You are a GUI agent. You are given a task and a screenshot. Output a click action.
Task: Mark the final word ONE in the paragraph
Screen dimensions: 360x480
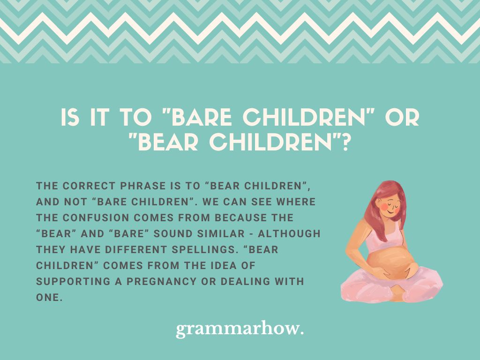48,298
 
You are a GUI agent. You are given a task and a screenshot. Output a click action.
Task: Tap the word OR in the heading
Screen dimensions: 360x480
406,118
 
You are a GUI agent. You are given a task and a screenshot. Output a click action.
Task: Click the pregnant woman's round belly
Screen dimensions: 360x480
390,265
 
